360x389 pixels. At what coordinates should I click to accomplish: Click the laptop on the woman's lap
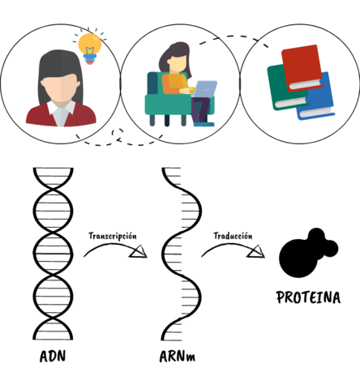[x=204, y=89]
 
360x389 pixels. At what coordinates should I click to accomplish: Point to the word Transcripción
[x=112, y=236]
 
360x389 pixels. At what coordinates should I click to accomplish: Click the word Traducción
[x=233, y=236]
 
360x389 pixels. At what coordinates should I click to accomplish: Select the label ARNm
[x=179, y=357]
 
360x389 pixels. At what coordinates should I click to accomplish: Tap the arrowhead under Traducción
[x=257, y=254]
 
